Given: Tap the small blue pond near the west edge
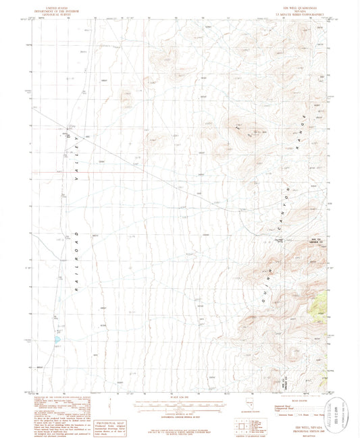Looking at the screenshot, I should click(57, 339).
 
